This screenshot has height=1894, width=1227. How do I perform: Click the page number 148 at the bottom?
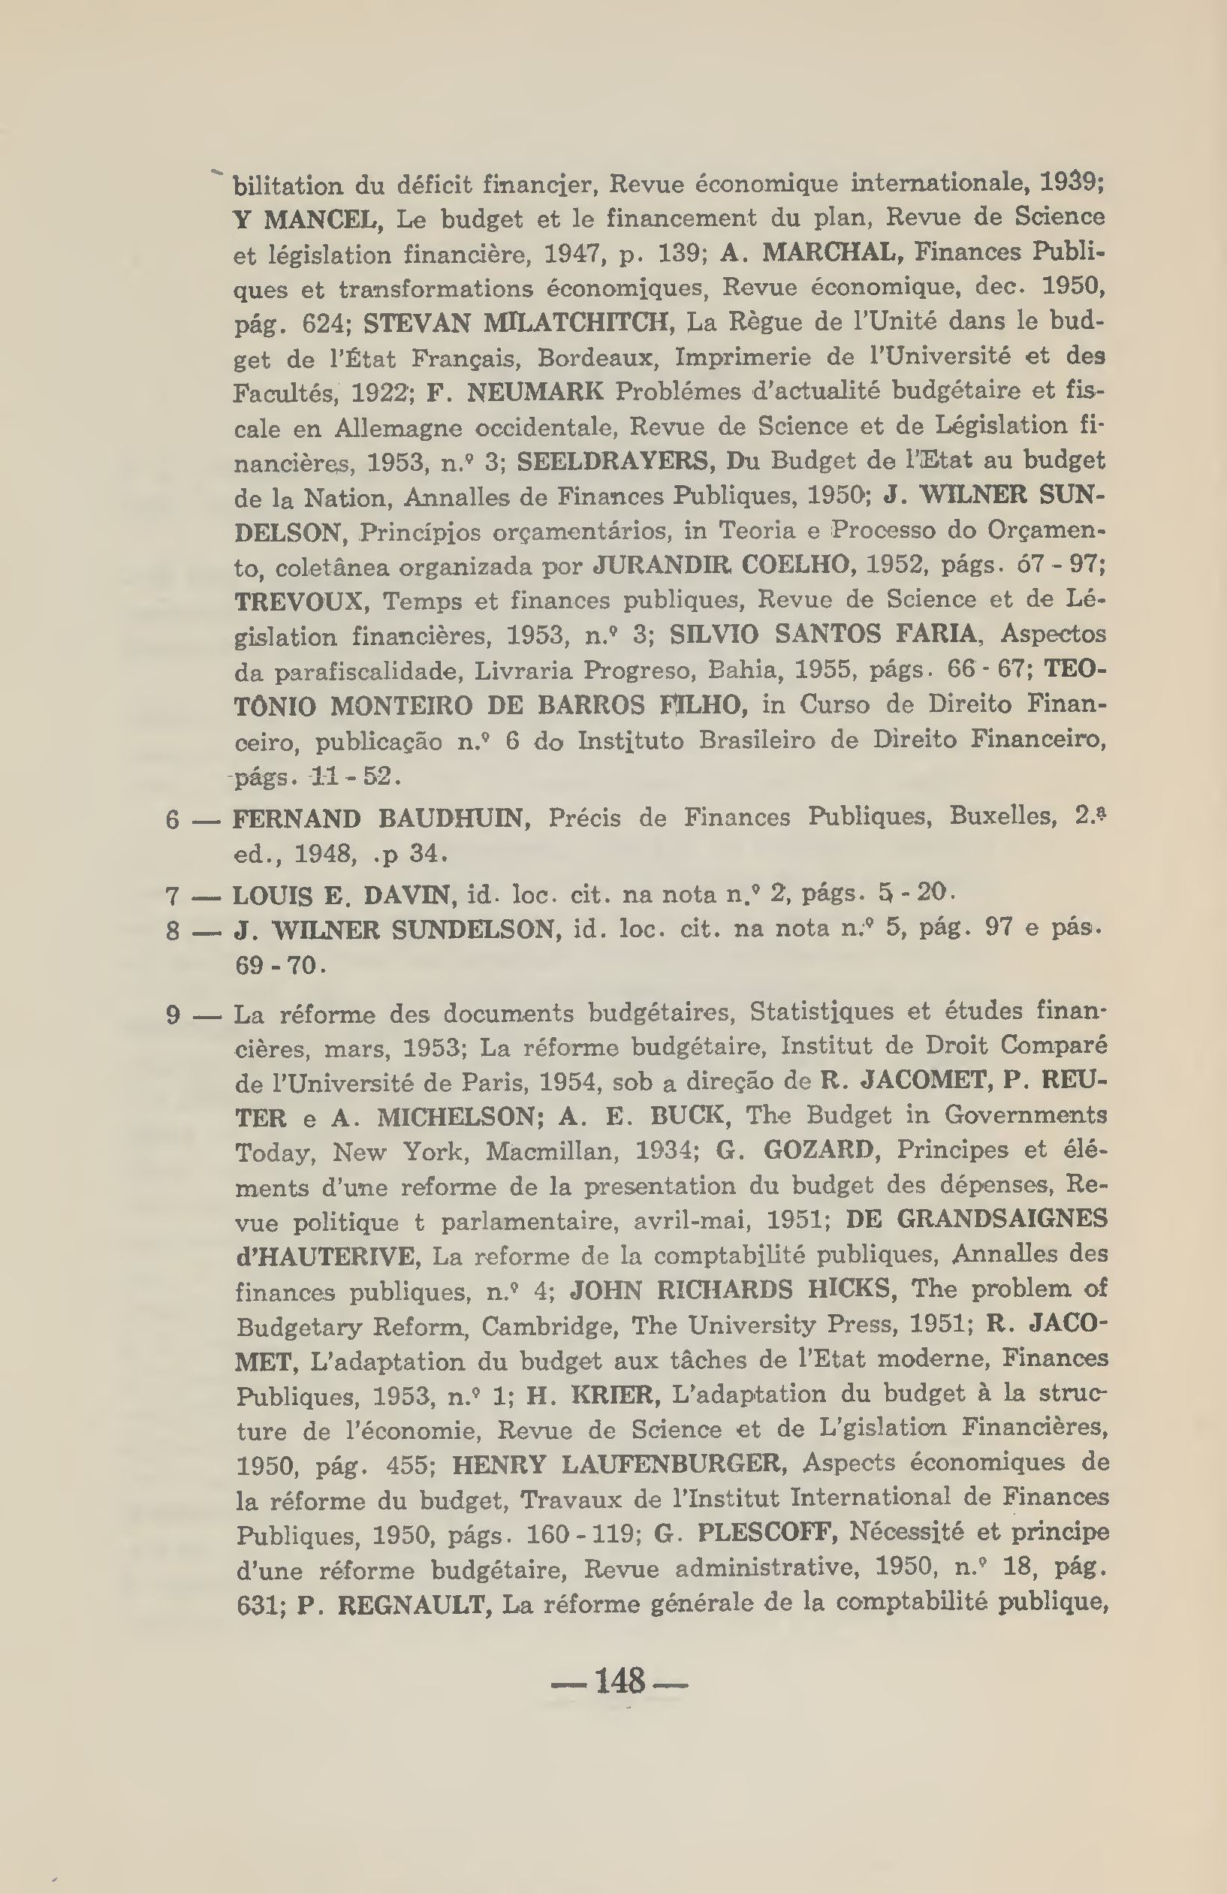(619, 1681)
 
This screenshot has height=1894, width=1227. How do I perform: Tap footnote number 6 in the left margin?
(173, 819)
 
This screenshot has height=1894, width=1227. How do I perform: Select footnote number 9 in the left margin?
(173, 1015)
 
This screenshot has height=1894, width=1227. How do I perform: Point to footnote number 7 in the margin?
(173, 896)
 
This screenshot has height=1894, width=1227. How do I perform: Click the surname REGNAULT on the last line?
(412, 1603)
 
